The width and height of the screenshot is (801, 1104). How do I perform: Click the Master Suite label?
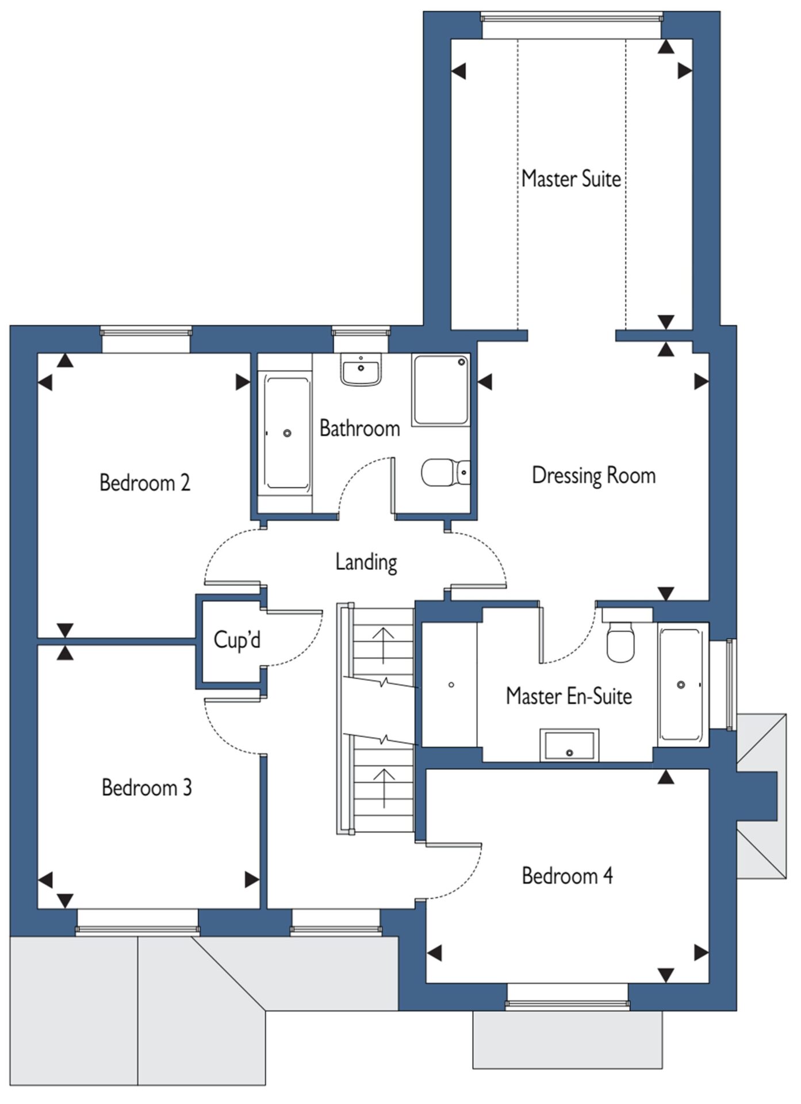click(x=571, y=178)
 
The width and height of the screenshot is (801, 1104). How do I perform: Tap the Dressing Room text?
click(x=593, y=476)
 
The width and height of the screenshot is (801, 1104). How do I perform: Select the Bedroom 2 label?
click(x=145, y=482)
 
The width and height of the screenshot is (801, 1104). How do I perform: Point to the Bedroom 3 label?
click(x=147, y=787)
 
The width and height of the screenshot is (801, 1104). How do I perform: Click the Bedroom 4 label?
click(x=567, y=876)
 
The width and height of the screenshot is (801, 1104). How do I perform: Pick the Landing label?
click(x=366, y=562)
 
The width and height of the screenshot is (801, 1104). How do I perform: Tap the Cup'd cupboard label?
click(x=237, y=639)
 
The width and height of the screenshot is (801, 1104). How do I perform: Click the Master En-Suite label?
click(x=569, y=696)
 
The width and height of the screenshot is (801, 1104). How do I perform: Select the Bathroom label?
click(x=360, y=428)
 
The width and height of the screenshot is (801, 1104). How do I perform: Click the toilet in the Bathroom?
click(x=446, y=473)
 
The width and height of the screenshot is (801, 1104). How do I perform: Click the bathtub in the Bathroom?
click(x=286, y=432)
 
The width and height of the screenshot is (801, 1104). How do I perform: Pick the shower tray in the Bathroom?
click(x=440, y=390)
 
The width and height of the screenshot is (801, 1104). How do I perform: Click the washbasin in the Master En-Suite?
click(x=569, y=745)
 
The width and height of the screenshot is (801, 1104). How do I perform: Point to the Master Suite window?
click(x=571, y=17)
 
